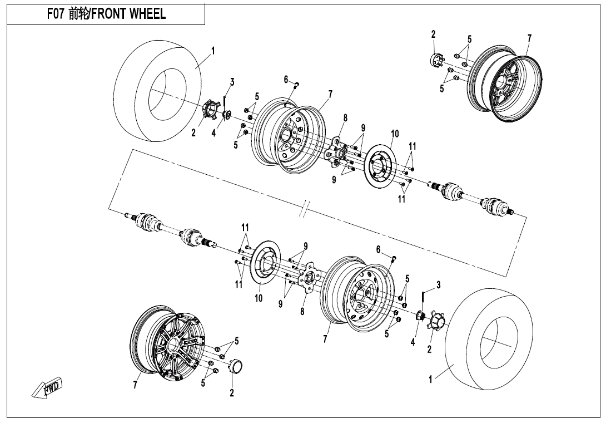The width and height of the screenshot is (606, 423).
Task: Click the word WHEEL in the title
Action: [x=147, y=14]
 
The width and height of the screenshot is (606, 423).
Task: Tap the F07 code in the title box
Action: [x=56, y=14]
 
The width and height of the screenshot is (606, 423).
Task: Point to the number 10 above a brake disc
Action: [x=395, y=134]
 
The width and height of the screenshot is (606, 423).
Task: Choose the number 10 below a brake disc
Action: [x=259, y=298]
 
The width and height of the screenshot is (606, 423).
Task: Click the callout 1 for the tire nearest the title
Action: [x=213, y=51]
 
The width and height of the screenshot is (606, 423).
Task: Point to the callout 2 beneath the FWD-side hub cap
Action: [x=232, y=393]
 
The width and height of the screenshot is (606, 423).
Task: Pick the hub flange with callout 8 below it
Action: [x=309, y=278]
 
